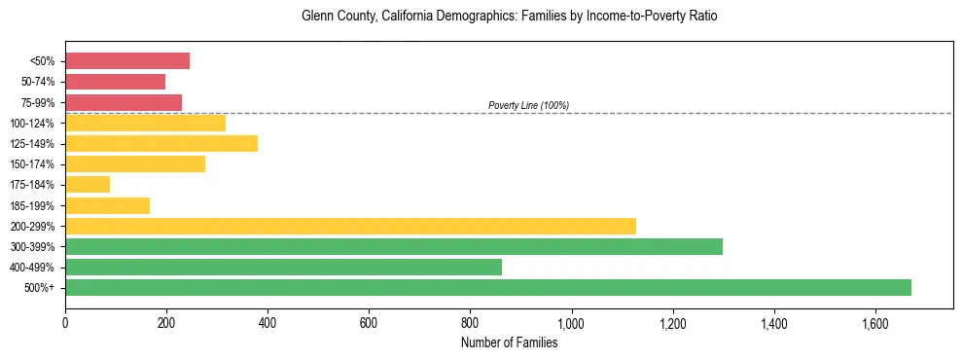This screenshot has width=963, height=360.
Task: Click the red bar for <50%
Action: click(127, 61)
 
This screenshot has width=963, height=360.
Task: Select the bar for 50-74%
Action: click(115, 82)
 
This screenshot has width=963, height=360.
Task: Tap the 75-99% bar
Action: click(124, 102)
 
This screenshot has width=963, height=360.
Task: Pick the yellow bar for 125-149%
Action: click(161, 143)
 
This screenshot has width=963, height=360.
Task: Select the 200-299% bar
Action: click(350, 226)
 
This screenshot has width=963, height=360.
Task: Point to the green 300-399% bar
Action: click(394, 246)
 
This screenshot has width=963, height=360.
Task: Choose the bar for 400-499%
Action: click(283, 267)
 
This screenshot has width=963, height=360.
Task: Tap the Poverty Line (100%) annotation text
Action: click(528, 105)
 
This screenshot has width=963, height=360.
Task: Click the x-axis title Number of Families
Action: click(509, 342)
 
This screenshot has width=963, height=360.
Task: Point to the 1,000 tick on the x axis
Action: click(571, 323)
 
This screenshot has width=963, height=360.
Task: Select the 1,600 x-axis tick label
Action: click(875, 323)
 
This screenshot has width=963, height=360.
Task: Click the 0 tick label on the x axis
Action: click(65, 323)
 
